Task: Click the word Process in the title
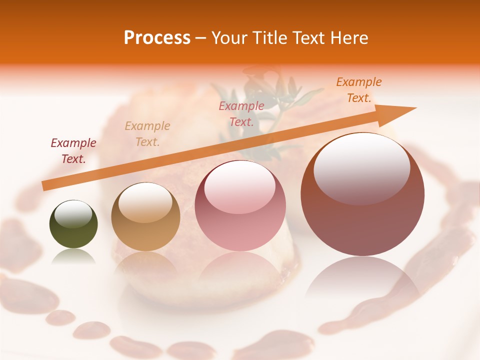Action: pyautogui.click(x=157, y=37)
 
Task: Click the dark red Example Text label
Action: pyautogui.click(x=73, y=151)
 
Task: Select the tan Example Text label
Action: pyautogui.click(x=147, y=133)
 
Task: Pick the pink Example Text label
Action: pyautogui.click(x=241, y=113)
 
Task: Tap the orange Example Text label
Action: pyautogui.click(x=359, y=90)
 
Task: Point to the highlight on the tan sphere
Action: pyautogui.click(x=145, y=202)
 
